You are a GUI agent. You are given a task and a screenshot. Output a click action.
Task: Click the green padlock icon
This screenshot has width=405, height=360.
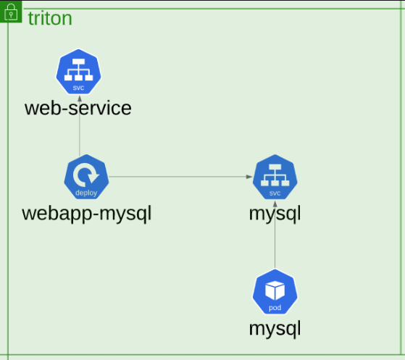11,12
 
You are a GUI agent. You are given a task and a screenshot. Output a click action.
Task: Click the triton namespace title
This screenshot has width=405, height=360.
50,18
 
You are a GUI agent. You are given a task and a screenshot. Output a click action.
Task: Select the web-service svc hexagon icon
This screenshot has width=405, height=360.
78,72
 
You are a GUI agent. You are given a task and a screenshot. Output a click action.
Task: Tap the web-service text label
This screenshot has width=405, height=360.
78,108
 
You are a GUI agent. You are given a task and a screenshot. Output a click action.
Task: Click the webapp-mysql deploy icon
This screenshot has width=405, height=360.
86,177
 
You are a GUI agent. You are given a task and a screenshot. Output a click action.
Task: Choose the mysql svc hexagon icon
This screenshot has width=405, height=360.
275,177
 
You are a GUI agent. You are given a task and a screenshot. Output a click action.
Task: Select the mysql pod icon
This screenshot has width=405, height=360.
275,292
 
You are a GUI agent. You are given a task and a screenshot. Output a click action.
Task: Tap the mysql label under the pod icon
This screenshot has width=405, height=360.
275,329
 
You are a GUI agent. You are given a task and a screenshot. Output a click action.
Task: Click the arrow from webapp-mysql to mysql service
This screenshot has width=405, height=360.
180,177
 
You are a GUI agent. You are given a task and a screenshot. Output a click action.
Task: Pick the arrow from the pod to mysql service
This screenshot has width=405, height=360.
275,235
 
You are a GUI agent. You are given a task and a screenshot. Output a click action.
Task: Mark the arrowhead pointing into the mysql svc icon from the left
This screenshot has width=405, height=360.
249,177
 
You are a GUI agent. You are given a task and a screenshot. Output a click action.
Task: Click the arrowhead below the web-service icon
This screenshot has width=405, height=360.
80,99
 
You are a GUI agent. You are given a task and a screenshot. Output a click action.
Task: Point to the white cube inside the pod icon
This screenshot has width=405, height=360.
275,290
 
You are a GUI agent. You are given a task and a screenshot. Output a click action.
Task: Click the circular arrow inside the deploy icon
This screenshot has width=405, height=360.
85,175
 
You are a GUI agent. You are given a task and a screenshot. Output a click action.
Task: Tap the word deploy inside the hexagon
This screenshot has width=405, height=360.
86,193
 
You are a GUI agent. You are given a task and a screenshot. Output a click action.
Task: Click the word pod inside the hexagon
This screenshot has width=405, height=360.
275,308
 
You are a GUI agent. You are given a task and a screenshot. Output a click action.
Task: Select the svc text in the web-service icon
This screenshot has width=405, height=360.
78,88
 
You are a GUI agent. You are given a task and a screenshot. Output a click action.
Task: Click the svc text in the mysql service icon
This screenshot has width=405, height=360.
275,193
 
